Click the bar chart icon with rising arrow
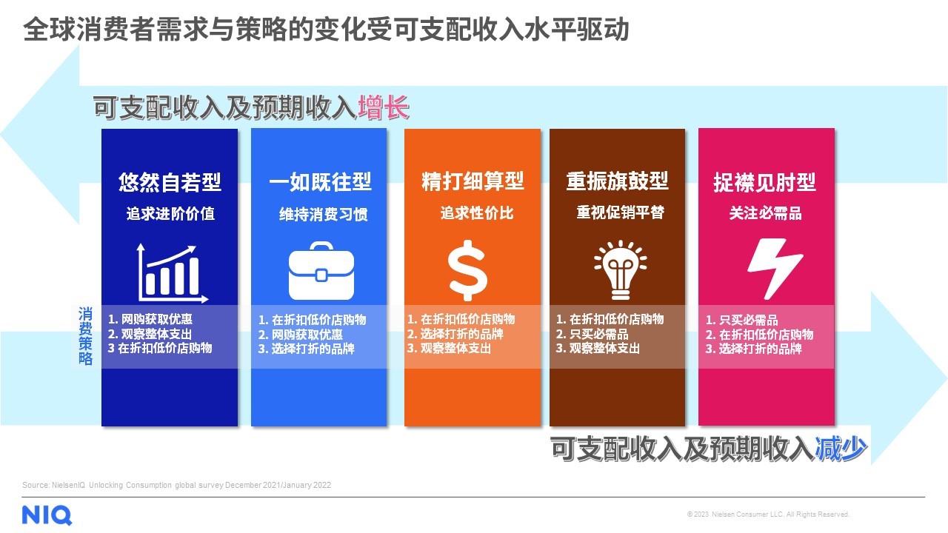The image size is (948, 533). point(171,273)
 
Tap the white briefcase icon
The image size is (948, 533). point(321,271)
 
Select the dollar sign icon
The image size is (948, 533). point(467,271)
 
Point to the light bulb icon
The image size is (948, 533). point(621,270)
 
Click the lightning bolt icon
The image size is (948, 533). point(775,269)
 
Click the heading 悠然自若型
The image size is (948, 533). point(170,182)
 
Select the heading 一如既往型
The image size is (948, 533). point(321,181)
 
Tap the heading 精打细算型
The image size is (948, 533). point(473,181)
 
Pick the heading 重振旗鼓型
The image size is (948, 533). point(618,181)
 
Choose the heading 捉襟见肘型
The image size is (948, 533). point(765,182)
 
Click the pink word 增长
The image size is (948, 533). point(384,107)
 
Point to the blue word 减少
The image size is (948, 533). point(841,448)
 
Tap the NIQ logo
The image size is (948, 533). point(47,515)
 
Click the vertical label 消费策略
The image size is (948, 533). point(85,336)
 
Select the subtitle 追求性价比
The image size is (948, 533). point(477,212)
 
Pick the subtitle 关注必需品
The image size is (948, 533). point(766,212)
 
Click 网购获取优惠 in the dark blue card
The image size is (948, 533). point(156,319)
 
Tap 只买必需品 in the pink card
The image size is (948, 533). point(748,320)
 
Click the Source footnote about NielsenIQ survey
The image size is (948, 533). point(176,485)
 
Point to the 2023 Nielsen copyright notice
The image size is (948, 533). point(768,514)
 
